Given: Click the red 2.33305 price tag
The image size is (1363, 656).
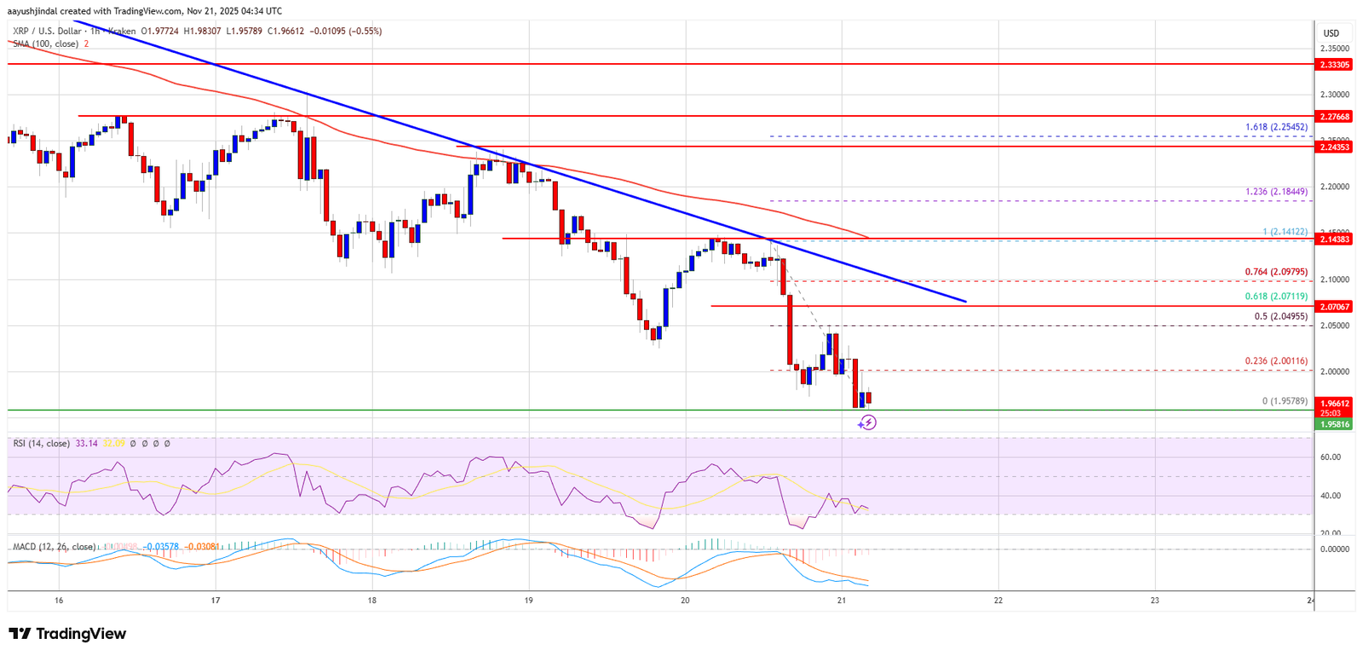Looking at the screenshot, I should [x=1334, y=65].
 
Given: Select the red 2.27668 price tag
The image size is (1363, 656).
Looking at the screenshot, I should [x=1334, y=117].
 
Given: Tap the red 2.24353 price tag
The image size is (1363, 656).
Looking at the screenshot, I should [x=1334, y=147].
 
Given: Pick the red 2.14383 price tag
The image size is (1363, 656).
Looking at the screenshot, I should [x=1334, y=239].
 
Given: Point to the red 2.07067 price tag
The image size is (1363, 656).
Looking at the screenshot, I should [x=1334, y=306].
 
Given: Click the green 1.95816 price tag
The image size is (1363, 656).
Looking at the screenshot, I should [x=1334, y=423].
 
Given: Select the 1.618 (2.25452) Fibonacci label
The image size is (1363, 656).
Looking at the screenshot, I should [x=1275, y=127].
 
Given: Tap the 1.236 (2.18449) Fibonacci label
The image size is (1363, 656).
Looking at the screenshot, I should [x=1275, y=192].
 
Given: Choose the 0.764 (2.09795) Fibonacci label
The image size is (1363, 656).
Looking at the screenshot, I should [x=1275, y=272].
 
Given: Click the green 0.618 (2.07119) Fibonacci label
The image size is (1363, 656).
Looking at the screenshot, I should [x=1275, y=296].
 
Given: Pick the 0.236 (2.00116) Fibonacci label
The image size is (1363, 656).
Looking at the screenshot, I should [x=1275, y=361].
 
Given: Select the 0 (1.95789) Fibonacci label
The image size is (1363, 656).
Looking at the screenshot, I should [x=1285, y=401].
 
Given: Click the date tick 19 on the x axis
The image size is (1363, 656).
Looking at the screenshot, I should [x=529, y=601].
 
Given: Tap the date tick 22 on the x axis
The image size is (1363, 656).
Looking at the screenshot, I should [x=998, y=601].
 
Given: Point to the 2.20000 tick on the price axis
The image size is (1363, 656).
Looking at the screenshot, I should [x=1334, y=187].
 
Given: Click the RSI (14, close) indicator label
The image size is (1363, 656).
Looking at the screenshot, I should [x=41, y=444].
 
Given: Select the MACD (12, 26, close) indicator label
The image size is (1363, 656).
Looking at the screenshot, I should [x=54, y=547].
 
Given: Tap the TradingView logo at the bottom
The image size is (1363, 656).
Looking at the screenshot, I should [x=67, y=634].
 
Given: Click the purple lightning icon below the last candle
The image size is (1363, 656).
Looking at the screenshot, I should [x=867, y=423].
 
